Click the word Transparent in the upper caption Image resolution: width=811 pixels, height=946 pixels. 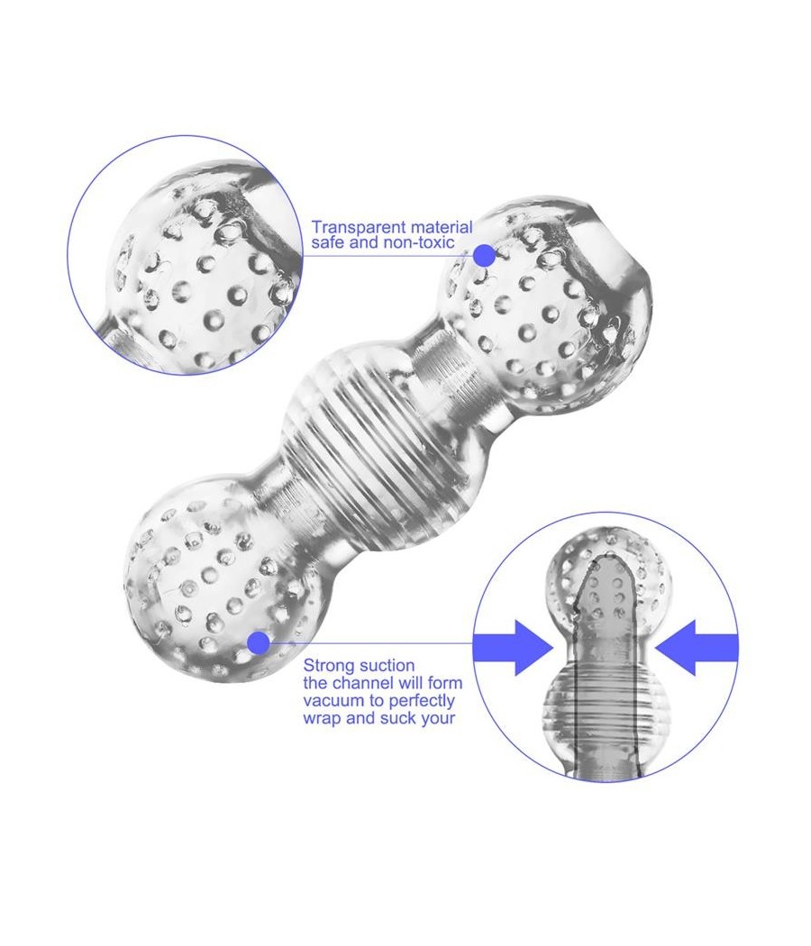click(x=359, y=227)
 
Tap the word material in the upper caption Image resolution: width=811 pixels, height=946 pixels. click(x=442, y=227)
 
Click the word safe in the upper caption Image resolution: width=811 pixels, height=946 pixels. click(x=326, y=242)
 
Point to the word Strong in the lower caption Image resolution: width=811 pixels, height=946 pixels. click(x=328, y=667)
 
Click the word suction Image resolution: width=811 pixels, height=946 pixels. click(x=387, y=666)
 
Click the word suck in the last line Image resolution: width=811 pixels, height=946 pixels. click(x=397, y=719)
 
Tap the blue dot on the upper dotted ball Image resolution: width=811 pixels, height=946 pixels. click(x=483, y=255)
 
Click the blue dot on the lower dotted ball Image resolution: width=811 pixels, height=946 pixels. click(x=259, y=643)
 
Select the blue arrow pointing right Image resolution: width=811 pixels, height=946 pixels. click(x=513, y=648)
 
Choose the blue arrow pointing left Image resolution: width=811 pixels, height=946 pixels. click(x=697, y=648)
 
